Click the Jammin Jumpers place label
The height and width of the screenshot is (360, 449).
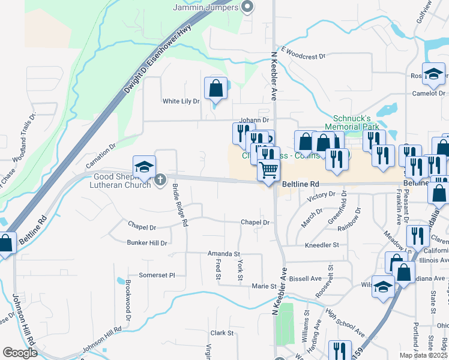(x=205, y=7)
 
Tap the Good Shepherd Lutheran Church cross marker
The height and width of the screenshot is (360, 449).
(x=160, y=179)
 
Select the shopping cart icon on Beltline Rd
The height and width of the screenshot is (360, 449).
(x=268, y=170)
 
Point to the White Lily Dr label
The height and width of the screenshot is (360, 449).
(x=181, y=101)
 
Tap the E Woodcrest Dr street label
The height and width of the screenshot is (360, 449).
(x=303, y=54)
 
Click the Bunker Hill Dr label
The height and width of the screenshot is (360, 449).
(x=146, y=242)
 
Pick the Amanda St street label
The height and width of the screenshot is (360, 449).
(x=224, y=254)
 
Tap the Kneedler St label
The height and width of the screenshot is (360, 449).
(x=322, y=245)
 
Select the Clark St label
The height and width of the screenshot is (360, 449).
(x=221, y=333)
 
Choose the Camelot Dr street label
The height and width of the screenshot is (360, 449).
(x=429, y=94)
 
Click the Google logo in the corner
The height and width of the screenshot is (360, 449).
(x=20, y=353)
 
